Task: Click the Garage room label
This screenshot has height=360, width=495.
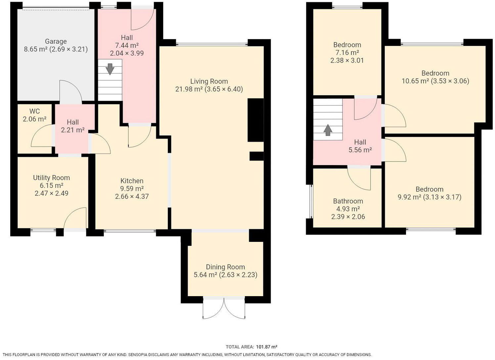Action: tap(56, 41)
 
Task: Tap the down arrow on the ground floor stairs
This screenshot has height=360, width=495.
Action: tap(110, 69)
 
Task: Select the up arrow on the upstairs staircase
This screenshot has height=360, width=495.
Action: tap(328, 130)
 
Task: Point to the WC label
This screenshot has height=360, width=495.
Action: tap(34, 111)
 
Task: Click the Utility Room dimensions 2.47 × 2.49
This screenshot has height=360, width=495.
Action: tap(52, 193)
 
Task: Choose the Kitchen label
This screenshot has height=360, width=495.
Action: tap(132, 181)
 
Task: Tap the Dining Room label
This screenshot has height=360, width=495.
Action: tap(225, 267)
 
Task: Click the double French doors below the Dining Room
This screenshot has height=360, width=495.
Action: tap(224, 308)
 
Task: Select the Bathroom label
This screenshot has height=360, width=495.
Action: tap(348, 201)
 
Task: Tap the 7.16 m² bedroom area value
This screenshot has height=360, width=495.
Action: tap(347, 53)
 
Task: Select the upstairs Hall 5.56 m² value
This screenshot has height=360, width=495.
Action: tap(360, 150)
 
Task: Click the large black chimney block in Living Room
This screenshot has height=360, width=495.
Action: tap(255, 120)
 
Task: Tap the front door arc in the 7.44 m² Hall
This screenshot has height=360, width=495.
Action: tap(142, 19)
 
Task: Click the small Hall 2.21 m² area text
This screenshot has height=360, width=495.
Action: tap(72, 130)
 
